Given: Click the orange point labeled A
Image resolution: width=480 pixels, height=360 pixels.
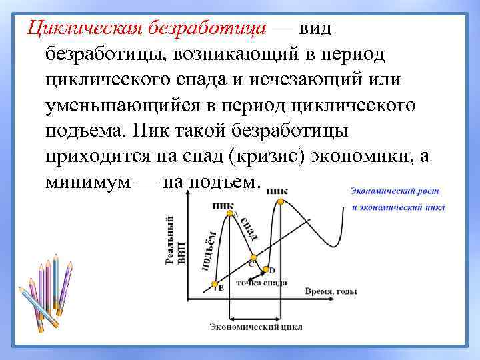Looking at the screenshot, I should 229,212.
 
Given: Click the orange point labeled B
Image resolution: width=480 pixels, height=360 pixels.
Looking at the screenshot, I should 215,284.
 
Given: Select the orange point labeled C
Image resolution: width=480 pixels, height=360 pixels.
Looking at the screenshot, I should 253,257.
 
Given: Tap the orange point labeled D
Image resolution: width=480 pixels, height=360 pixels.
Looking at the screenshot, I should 265,270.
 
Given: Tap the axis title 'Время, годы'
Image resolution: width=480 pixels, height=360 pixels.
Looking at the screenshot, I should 331,291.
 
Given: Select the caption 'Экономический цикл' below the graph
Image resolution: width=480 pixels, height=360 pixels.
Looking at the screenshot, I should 256,327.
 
